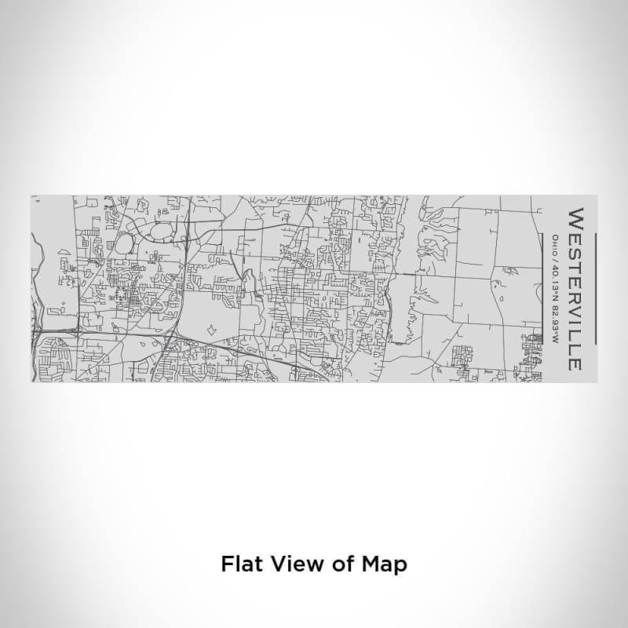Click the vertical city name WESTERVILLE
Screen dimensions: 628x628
pyautogui.click(x=575, y=289)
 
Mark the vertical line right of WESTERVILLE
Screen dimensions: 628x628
pyautogui.click(x=596, y=289)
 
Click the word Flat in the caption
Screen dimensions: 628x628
pyautogui.click(x=239, y=564)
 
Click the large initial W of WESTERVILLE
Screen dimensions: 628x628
pyautogui.click(x=575, y=217)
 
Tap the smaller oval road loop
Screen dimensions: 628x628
pyautogui.click(x=125, y=244)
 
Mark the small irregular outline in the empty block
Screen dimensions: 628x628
pyautogui.click(x=210, y=330)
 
